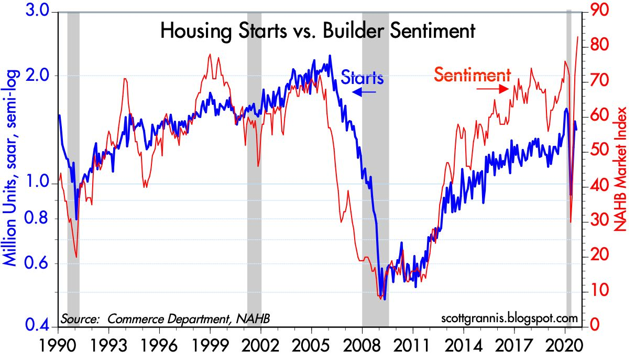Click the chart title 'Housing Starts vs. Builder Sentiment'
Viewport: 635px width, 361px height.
click(x=317, y=31)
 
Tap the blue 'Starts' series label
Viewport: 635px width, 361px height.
click(x=363, y=78)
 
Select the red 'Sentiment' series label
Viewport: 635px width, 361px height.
click(x=472, y=75)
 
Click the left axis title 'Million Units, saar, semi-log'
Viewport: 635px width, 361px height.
click(x=13, y=168)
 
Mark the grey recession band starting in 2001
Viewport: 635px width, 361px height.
click(x=254, y=168)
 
